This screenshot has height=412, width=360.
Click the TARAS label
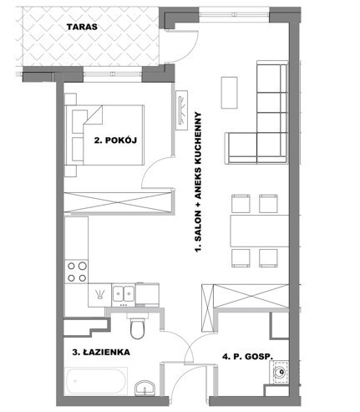[x=82, y=27]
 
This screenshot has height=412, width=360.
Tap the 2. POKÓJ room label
[x=115, y=140]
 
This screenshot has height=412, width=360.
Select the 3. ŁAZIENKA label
[x=101, y=352]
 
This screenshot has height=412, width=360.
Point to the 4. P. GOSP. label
[x=247, y=357]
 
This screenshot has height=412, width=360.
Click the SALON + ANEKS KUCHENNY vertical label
[x=198, y=182]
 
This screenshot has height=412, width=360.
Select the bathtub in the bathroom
[x=96, y=381]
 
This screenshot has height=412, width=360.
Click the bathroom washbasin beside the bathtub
[x=145, y=389]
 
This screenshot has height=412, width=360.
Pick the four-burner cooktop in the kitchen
[x=77, y=272]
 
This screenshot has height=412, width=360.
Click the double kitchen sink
[x=124, y=293]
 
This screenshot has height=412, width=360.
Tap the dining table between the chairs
[x=260, y=231]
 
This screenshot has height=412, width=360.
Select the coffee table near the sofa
[x=229, y=93]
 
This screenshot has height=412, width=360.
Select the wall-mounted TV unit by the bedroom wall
[x=182, y=110]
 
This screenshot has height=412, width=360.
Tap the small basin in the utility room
[x=281, y=372]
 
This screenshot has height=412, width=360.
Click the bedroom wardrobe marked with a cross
[x=118, y=202]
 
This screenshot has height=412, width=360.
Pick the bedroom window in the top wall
[x=113, y=74]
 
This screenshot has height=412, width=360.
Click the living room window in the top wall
[x=234, y=12]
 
